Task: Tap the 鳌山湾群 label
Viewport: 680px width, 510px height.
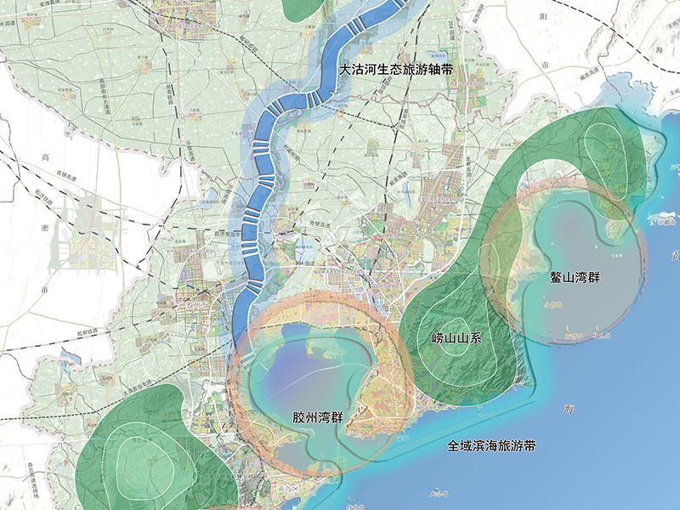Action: tap(570, 278)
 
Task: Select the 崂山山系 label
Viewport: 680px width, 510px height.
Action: tap(456, 337)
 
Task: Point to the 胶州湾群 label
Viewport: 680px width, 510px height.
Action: tap(316, 419)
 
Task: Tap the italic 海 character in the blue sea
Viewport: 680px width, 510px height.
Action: tap(569, 410)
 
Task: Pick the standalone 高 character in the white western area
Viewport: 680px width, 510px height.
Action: tap(45, 156)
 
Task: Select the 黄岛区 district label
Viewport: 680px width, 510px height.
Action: tap(285, 490)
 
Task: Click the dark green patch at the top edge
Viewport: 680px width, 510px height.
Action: tap(302, 8)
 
